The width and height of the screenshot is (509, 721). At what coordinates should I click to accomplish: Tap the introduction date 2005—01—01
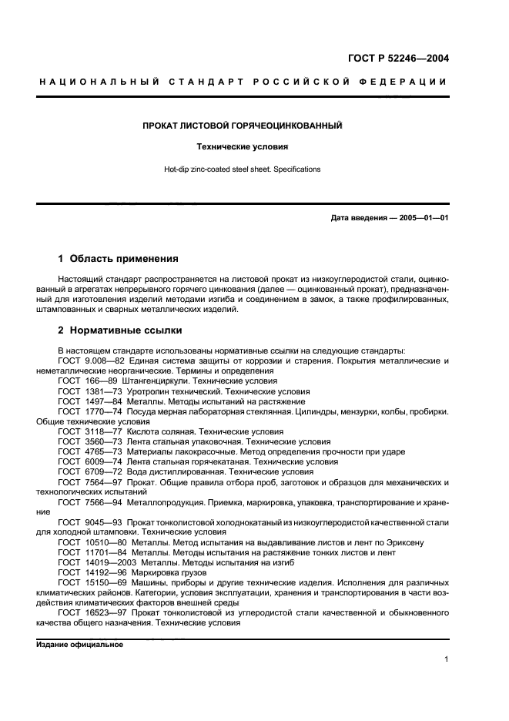pos(421,218)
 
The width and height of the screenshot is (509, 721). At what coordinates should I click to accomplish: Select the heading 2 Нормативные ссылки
pos(120,330)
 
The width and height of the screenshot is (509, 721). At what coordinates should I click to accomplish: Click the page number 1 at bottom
pos(446,659)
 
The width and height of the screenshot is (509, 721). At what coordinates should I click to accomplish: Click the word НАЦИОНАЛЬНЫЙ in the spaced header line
pos(98,82)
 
